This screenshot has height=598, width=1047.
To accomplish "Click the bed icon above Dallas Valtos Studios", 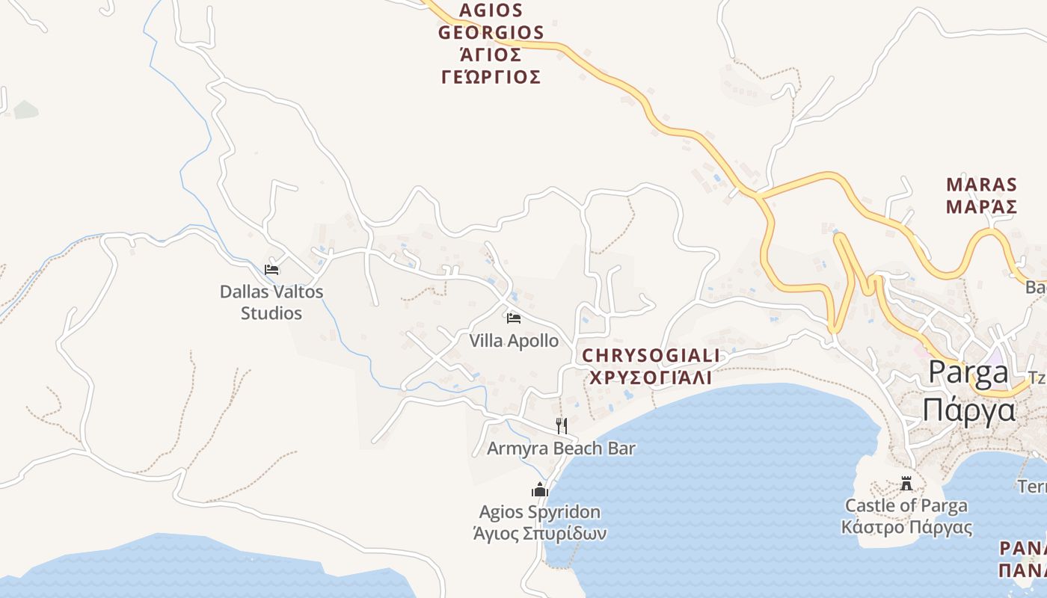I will pos(271,269).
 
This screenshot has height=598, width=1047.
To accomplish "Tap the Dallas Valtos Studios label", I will pos(271,302).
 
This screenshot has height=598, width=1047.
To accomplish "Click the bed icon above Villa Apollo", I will pos(513,318).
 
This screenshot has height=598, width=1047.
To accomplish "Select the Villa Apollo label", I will pos(514,341).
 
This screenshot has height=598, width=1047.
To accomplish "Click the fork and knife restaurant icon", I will pos(562,426).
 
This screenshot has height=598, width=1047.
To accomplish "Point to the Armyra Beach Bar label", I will pos(561,449).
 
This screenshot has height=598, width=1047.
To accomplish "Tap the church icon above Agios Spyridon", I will pos(539,490).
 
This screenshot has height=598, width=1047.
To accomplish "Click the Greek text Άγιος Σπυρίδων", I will pos(539,534).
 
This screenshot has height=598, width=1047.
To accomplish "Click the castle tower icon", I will pos(906,484).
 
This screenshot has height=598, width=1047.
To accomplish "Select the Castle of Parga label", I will pos(906,505).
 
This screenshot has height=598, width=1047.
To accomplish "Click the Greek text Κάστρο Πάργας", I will pos(906,527).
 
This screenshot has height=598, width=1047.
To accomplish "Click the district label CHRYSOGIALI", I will pos(651,356).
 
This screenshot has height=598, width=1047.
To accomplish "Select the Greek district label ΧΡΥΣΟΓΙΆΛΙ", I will pos(651,377).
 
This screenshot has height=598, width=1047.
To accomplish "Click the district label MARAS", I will pos(981,185).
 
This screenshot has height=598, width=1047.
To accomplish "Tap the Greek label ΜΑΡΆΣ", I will pos(981,206).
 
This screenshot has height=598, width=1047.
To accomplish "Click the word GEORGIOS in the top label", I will pos(491,33).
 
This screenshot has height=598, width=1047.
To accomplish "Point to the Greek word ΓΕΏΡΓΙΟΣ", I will pos(491,77).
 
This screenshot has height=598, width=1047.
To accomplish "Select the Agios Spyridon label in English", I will pos(539,512).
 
